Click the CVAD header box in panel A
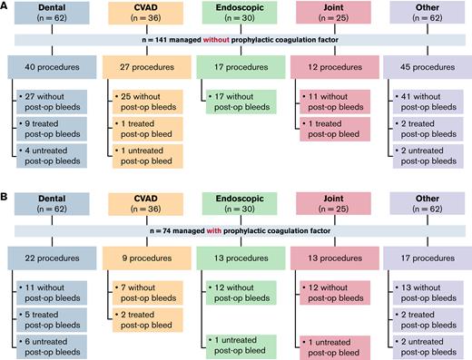tap(143, 18)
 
